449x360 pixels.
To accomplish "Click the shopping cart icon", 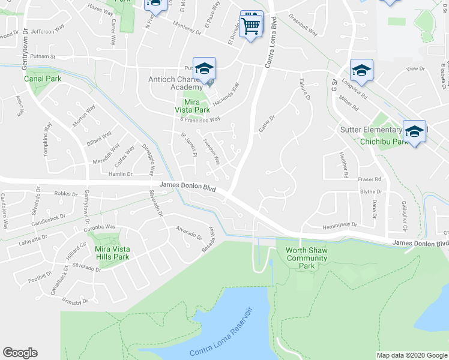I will pyautogui.click(x=251, y=24).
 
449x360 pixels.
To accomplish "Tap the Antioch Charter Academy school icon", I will pyautogui.click(x=203, y=71).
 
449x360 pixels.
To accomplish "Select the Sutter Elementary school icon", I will pyautogui.click(x=414, y=133).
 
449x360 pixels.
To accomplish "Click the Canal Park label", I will pyautogui.click(x=40, y=78).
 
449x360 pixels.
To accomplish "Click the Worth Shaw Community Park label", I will pyautogui.click(x=307, y=258).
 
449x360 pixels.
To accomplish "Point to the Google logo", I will pyautogui.click(x=20, y=352).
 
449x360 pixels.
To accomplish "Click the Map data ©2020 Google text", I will pyautogui.click(x=412, y=355).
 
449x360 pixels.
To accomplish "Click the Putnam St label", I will pyautogui.click(x=43, y=58).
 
